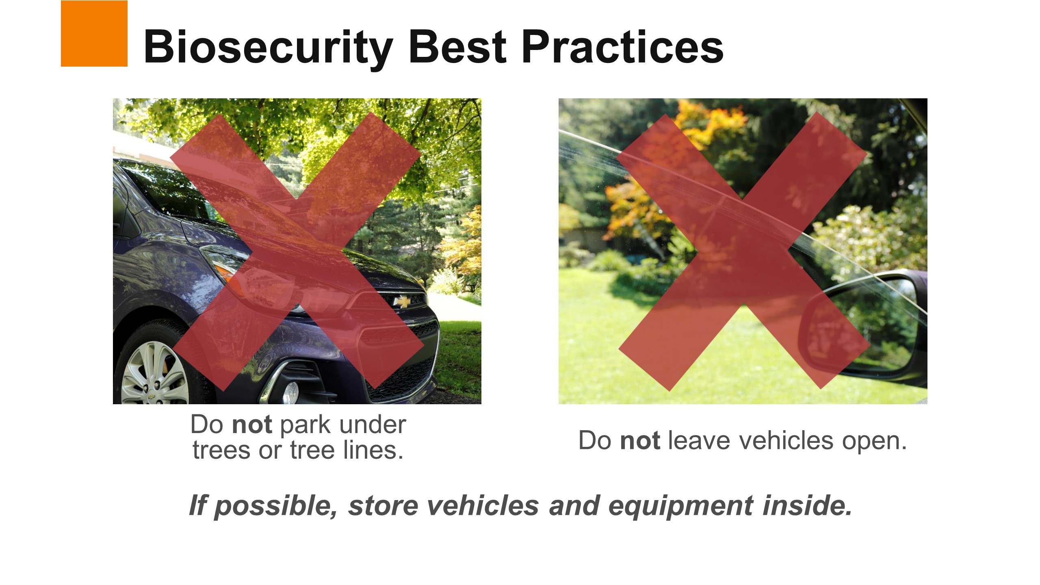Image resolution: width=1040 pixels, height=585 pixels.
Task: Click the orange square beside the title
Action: pos(94,33)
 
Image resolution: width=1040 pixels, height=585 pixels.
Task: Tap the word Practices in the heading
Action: pos(623,47)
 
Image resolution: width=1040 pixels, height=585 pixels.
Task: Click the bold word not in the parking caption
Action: pos(252,425)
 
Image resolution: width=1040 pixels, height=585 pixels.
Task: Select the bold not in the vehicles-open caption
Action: pos(640,441)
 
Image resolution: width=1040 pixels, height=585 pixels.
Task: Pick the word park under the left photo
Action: pos(305,425)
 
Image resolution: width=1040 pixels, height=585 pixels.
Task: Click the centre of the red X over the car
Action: pos(297,251)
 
